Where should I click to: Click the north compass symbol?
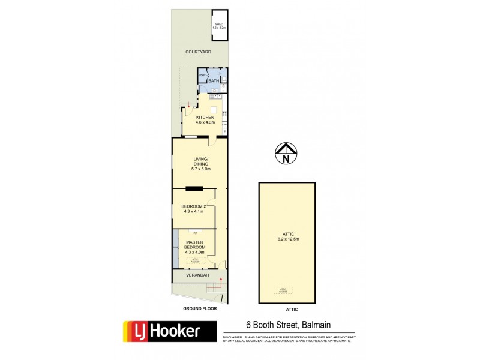[286, 154]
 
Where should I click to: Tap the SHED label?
[218, 24]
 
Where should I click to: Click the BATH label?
[214, 80]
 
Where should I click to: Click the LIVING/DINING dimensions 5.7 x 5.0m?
[200, 169]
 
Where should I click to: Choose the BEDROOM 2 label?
[193, 207]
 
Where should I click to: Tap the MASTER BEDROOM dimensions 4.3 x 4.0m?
[194, 252]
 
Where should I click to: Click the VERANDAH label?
[196, 275]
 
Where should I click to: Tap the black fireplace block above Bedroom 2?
[194, 189]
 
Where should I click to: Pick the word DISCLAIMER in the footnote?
[232, 337]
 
